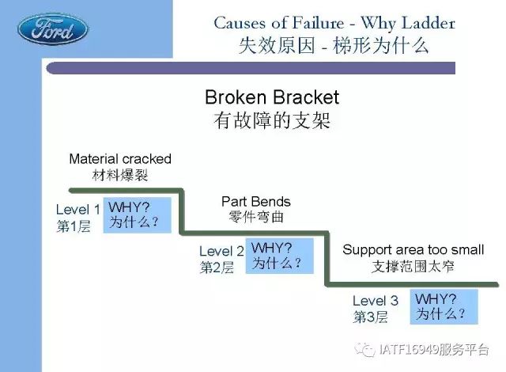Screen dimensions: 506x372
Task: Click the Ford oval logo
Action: pyautogui.click(x=52, y=29)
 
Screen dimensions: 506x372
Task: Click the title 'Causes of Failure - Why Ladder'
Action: pyautogui.click(x=334, y=23)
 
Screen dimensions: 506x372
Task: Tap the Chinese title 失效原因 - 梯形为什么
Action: pyautogui.click(x=334, y=46)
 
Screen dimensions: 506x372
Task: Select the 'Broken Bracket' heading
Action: pyautogui.click(x=272, y=97)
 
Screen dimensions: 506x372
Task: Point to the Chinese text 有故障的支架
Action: pyautogui.click(x=272, y=120)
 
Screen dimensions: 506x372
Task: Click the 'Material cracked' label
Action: pyautogui.click(x=120, y=159)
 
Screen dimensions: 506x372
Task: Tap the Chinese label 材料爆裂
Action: pyautogui.click(x=120, y=176)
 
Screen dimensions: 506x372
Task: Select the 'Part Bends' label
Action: pyautogui.click(x=256, y=202)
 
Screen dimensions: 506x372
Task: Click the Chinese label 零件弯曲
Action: pyautogui.click(x=256, y=217)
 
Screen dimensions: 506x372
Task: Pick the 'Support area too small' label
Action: pyautogui.click(x=413, y=249)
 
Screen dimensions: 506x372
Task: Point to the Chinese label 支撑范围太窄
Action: pyautogui.click(x=413, y=267)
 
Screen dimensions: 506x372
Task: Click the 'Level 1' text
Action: pyautogui.click(x=77, y=210)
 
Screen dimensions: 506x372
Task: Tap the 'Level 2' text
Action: pyautogui.click(x=221, y=251)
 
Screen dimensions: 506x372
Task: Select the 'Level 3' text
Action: pyautogui.click(x=376, y=301)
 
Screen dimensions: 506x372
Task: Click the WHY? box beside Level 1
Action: pyautogui.click(x=137, y=215)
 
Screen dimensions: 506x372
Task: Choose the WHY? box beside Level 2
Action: pyautogui.click(x=279, y=256)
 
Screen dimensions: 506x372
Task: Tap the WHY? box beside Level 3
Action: pyautogui.click(x=444, y=307)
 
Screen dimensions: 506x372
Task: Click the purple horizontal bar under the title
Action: pyautogui.click(x=251, y=68)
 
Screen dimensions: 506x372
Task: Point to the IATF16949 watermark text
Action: pyautogui.click(x=434, y=349)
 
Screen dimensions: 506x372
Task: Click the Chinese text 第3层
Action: pyautogui.click(x=370, y=317)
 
